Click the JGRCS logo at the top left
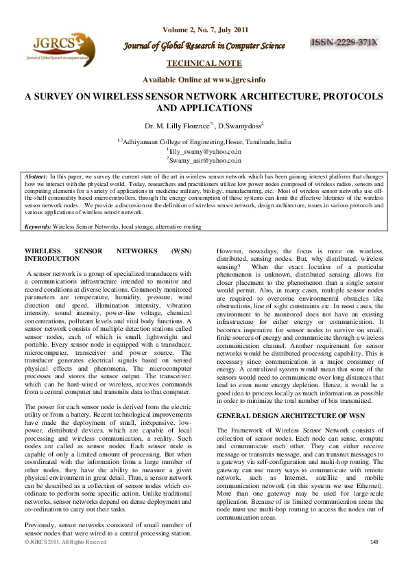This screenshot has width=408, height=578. [58, 49]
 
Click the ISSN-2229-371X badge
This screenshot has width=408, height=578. [345, 43]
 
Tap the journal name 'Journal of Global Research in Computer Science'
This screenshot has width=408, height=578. [204, 46]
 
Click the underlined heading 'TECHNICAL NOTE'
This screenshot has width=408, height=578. [204, 63]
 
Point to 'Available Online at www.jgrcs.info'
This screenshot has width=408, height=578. [204, 80]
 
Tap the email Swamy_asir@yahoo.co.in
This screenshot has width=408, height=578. [205, 159]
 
